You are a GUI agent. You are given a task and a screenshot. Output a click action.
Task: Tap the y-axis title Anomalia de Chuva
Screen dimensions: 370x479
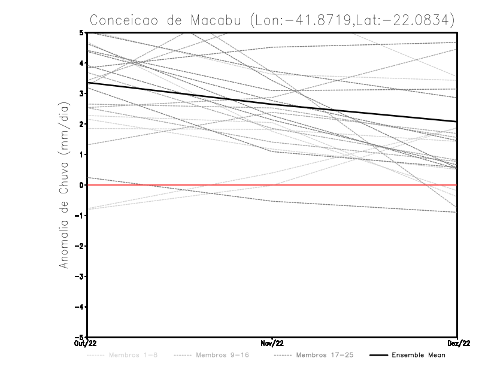tap(63, 184)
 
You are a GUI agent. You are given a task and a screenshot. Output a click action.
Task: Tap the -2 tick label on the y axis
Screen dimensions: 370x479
tap(80, 246)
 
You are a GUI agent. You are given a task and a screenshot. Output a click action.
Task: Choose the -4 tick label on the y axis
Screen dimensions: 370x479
tap(80, 307)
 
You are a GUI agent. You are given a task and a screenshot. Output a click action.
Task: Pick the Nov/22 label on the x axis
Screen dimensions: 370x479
tap(272, 343)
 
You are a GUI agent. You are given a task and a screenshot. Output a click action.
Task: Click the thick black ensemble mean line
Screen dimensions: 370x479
tap(272, 102)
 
